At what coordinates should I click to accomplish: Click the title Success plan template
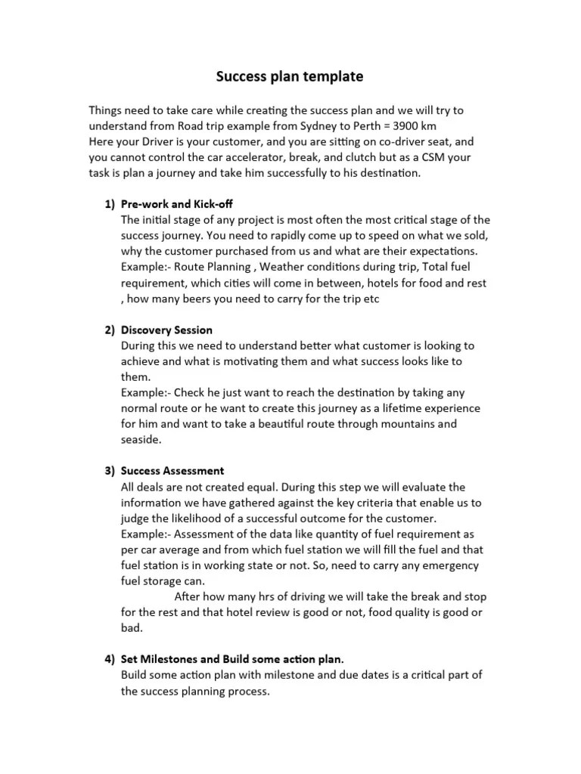(290, 76)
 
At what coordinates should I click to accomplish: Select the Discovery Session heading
(166, 330)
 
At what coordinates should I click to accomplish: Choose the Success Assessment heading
(172, 471)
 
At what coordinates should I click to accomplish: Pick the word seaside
(141, 439)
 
